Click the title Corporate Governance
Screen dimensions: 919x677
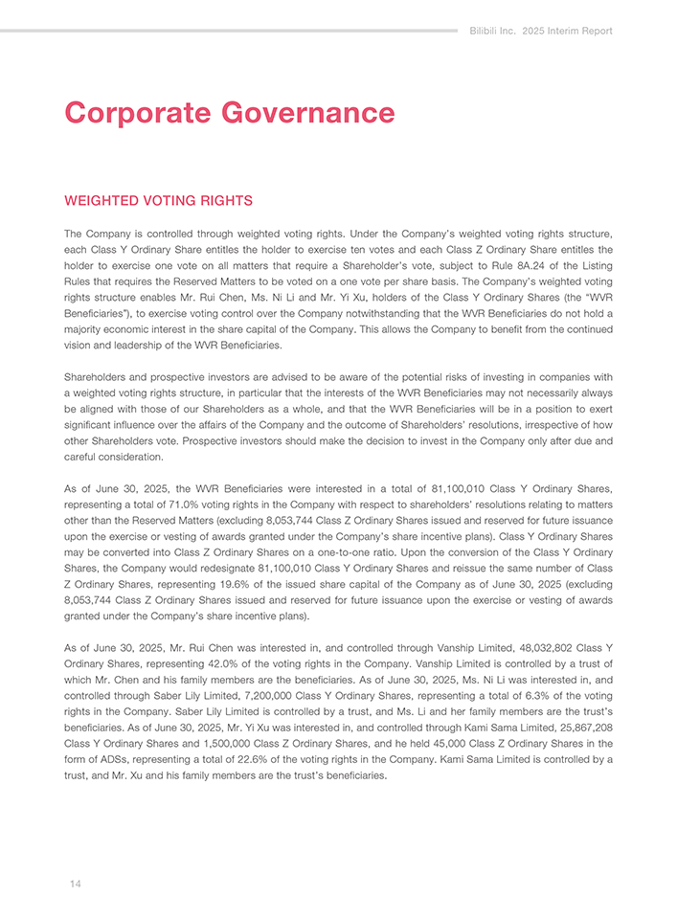pos(229,112)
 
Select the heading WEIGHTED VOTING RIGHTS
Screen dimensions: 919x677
pos(158,201)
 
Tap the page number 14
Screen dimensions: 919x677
pos(75,884)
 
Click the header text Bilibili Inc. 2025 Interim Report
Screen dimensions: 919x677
pos(541,31)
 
